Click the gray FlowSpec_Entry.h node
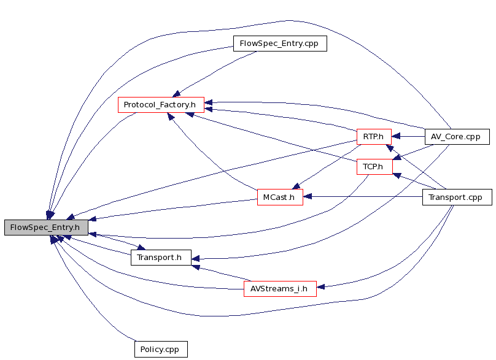pyautogui.click(x=46, y=228)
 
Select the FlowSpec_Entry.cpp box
pyautogui.click(x=280, y=44)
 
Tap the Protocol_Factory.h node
pyautogui.click(x=161, y=105)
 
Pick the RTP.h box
pyautogui.click(x=374, y=137)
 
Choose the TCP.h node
pyautogui.click(x=374, y=167)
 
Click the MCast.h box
pyautogui.click(x=280, y=197)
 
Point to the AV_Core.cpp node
pyautogui.click(x=457, y=137)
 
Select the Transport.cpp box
pyautogui.click(x=457, y=197)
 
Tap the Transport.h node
pyautogui.click(x=161, y=258)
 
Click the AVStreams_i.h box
pyautogui.click(x=280, y=289)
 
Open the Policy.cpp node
pyautogui.click(x=161, y=349)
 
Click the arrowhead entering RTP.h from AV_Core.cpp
pyautogui.click(x=396, y=136)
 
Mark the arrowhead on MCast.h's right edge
pyautogui.click(x=307, y=197)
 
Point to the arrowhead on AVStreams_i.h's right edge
pyautogui.click(x=321, y=286)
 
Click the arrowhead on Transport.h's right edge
pyautogui.click(x=195, y=259)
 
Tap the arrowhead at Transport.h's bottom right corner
pyautogui.click(x=196, y=267)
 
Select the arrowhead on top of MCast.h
pyautogui.click(x=296, y=186)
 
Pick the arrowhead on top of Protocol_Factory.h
pyautogui.click(x=177, y=94)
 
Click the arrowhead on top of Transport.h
pyautogui.click(x=141, y=247)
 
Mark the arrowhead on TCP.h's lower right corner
pyautogui.click(x=397, y=176)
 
